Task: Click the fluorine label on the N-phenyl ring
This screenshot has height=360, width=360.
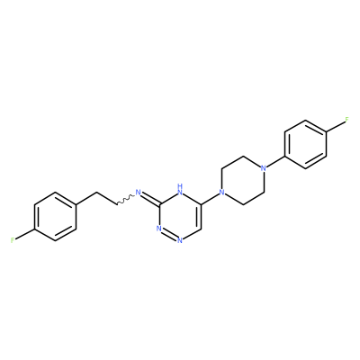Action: point(347,120)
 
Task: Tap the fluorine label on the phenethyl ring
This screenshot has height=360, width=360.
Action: point(13,240)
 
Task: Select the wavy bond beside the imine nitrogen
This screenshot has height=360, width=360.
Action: point(125,200)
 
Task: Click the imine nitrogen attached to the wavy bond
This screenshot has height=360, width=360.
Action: point(139,192)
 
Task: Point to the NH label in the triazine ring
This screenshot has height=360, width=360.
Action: point(180,189)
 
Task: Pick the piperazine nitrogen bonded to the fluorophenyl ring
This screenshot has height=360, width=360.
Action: point(264,168)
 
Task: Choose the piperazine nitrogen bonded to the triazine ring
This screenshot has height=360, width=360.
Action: point(221,192)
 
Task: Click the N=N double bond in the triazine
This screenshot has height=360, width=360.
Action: point(169,235)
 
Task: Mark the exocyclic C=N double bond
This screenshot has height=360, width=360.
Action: point(150,199)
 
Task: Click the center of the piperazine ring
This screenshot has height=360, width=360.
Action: point(243,180)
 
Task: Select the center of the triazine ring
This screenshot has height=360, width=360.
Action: point(180,216)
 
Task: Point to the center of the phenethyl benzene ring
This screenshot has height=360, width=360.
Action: point(55,216)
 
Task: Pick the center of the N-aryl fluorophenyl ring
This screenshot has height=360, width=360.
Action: point(305,144)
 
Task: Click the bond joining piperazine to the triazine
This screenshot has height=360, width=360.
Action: point(210,199)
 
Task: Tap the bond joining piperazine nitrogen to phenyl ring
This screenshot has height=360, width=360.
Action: point(275,162)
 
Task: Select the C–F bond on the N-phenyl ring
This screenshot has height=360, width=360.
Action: point(336,127)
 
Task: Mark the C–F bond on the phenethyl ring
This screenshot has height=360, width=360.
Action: point(24,234)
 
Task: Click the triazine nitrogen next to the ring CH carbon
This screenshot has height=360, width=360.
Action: point(180,240)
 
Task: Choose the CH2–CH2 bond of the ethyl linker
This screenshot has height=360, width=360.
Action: point(107,198)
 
